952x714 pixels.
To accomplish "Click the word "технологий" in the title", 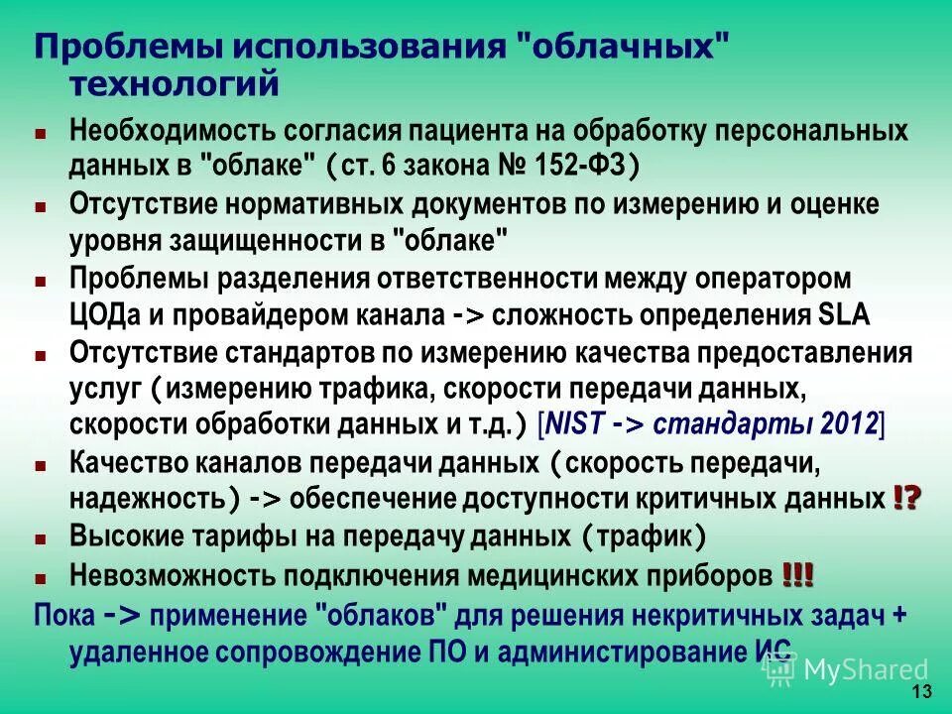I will (174, 84).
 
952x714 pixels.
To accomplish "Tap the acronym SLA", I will (844, 316).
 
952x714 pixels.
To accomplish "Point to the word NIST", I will (575, 424).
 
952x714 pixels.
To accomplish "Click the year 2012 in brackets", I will (850, 424).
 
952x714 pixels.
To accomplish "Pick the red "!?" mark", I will (906, 498).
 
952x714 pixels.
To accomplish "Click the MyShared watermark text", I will (866, 670).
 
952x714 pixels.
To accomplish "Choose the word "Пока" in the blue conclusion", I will (63, 614).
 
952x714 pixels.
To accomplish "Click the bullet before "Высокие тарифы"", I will (41, 538).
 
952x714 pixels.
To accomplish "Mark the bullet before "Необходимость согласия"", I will (41, 132).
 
